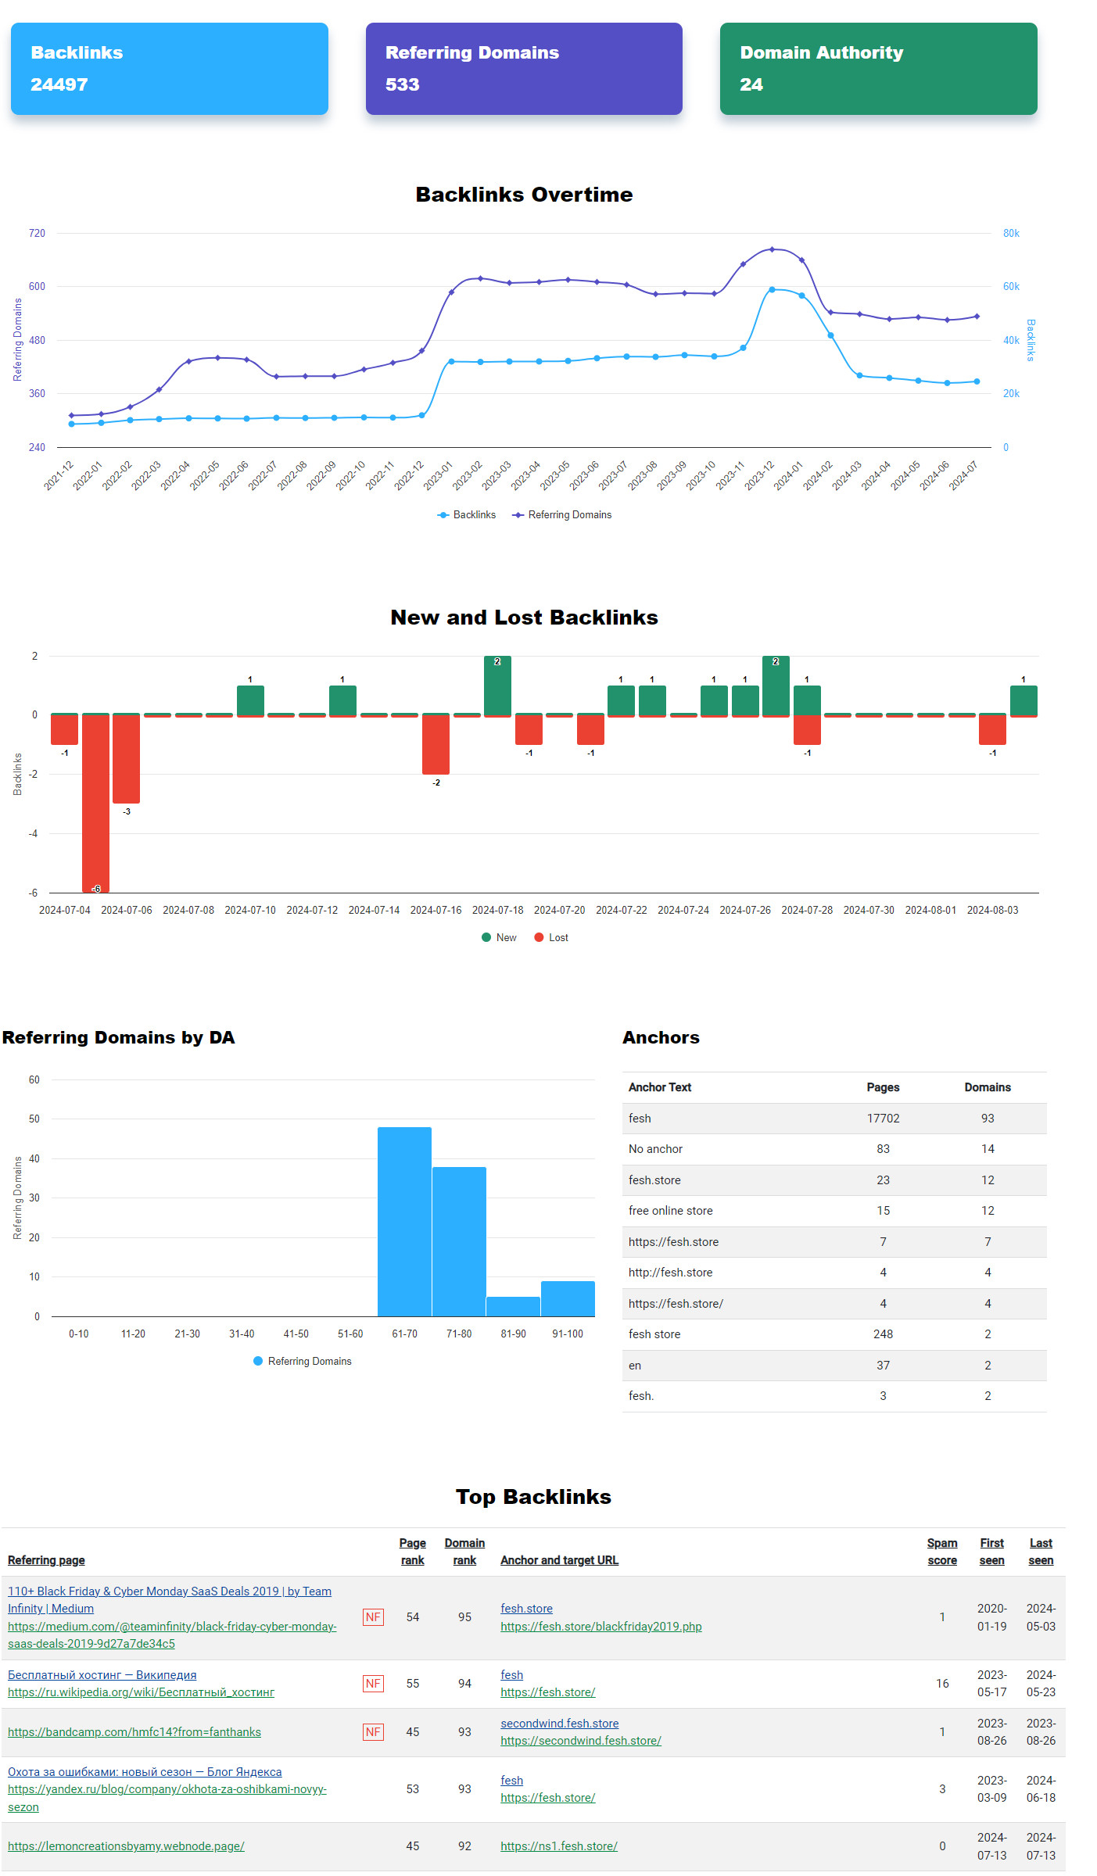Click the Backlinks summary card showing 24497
[169, 69]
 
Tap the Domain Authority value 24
[751, 84]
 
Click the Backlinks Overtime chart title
[524, 195]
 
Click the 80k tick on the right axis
[1011, 233]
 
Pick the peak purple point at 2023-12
[772, 249]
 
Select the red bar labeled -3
[126, 758]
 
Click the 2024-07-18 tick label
[497, 910]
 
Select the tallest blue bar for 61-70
[404, 1221]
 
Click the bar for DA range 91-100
[568, 1298]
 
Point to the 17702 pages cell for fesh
[883, 1119]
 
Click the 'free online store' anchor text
[670, 1211]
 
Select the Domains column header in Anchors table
[987, 1087]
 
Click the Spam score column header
[941, 1551]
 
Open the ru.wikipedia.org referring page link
[141, 1692]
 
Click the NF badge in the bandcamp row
[373, 1732]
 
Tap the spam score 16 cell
[942, 1683]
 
